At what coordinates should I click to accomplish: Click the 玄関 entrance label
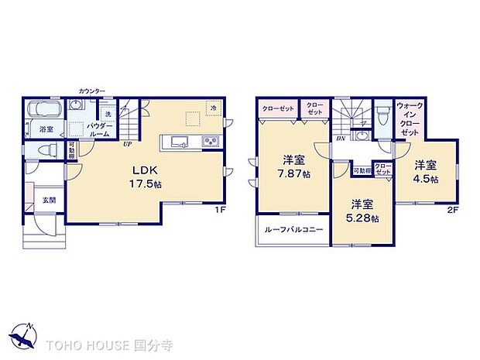tap(49, 201)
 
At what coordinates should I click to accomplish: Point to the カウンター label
tap(91, 91)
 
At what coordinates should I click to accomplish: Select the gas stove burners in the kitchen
tap(211, 140)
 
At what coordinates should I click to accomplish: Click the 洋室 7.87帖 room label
tap(294, 167)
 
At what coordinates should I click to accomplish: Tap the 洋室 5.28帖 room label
tap(363, 211)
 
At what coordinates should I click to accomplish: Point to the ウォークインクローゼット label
tap(409, 119)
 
